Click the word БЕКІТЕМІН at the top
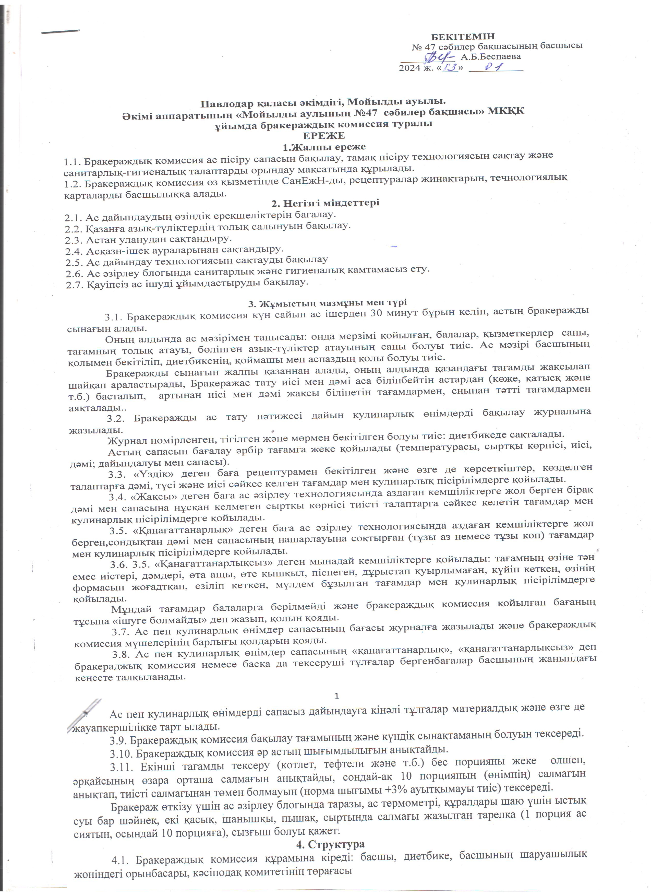point(462,37)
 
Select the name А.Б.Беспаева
point(490,56)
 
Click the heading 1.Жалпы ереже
point(324,147)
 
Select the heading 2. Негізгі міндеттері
point(325,203)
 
